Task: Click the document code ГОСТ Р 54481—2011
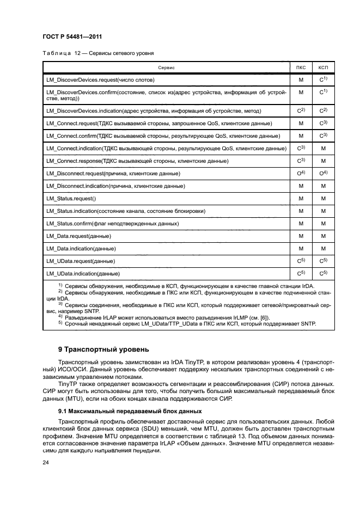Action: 73,37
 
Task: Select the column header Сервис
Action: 166,68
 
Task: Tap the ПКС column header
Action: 301,68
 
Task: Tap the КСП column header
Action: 323,68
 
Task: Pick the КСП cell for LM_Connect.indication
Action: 323,149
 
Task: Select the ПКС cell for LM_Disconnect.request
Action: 301,174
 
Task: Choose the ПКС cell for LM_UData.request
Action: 301,261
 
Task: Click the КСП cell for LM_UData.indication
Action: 323,273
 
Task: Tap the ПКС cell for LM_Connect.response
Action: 301,161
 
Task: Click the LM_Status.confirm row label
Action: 113,224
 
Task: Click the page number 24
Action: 46,463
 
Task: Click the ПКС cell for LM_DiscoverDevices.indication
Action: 301,111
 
